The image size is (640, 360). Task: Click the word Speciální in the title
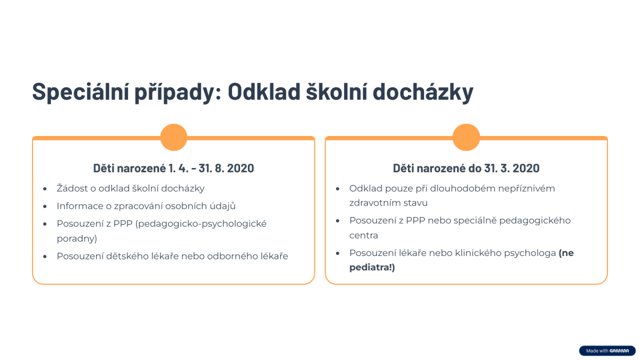click(x=81, y=92)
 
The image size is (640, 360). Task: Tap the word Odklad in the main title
click(x=264, y=92)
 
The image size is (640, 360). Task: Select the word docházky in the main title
click(x=423, y=92)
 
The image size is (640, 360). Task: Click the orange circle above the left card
click(x=174, y=137)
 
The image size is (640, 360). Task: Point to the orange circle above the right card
click(x=466, y=137)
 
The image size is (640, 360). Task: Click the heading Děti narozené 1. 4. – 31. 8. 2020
click(x=173, y=168)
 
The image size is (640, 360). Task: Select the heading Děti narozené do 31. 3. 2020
click(x=466, y=168)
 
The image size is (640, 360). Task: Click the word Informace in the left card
click(x=80, y=206)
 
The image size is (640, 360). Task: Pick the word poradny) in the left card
click(x=77, y=238)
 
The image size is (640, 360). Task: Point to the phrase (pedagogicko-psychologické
click(x=201, y=223)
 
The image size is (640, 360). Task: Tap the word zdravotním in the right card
click(x=374, y=203)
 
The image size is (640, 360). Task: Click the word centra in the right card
click(x=364, y=235)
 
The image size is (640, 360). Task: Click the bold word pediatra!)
click(x=372, y=268)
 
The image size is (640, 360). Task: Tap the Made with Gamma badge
click(x=607, y=350)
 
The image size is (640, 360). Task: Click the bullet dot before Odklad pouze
click(x=338, y=189)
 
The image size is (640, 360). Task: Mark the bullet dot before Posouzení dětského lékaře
click(x=45, y=257)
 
